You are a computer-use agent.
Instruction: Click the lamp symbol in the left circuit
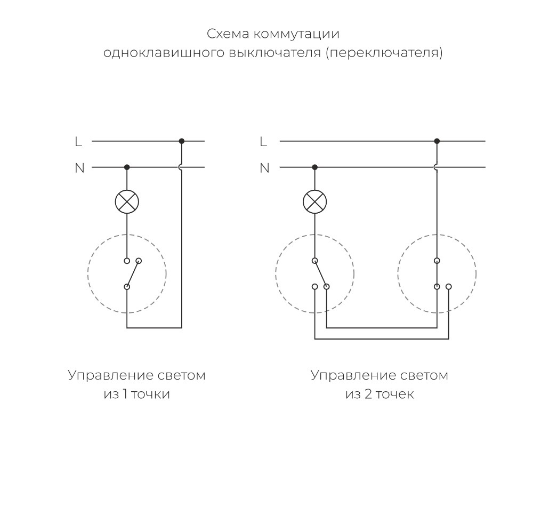tap(127, 201)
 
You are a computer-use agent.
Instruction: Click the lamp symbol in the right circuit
tap(314, 201)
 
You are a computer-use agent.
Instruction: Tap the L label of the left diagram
tap(78, 141)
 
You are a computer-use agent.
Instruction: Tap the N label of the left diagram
tap(79, 168)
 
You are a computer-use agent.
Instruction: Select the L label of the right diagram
tap(263, 141)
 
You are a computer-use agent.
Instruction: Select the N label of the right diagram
tap(264, 168)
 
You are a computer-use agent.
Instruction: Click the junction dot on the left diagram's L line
tap(182, 141)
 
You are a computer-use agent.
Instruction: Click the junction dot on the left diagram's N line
tap(127, 167)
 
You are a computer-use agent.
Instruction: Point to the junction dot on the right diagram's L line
tap(437, 141)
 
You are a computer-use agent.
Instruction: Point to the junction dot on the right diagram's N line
tap(314, 167)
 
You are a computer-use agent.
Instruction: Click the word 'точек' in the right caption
tap(396, 395)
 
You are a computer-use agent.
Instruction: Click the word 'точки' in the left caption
tap(154, 395)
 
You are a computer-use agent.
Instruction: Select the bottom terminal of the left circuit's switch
tap(127, 287)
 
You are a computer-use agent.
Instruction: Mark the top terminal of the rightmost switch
tap(437, 261)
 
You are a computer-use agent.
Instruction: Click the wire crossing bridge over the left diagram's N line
tap(181, 167)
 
